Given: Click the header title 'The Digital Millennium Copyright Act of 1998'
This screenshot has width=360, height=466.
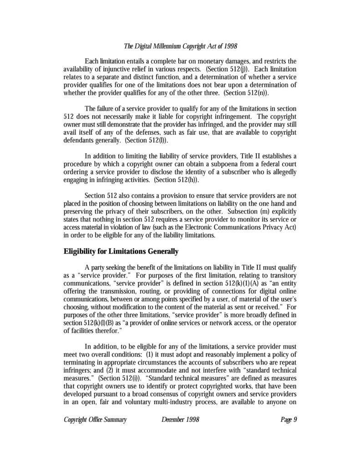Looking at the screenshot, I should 180,46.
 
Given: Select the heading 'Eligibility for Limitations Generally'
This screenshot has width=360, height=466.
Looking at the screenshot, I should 121,251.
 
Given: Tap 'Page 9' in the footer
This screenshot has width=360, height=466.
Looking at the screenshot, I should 289,419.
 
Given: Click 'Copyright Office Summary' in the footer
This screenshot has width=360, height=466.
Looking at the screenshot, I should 95,419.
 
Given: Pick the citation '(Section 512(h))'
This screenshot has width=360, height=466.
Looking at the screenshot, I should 177,180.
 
